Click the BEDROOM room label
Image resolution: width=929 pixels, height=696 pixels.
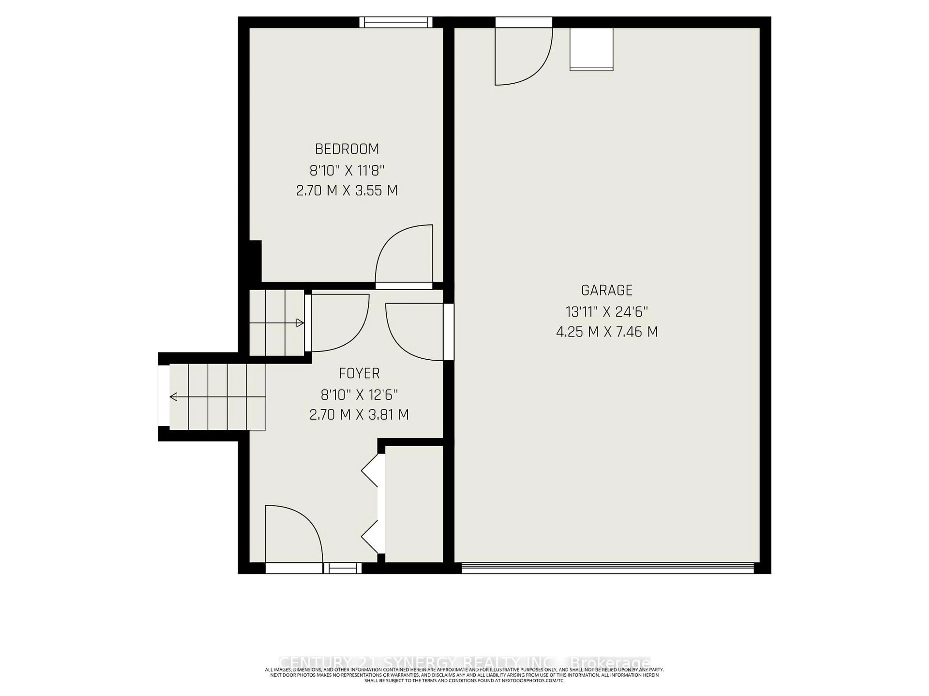pos(347,149)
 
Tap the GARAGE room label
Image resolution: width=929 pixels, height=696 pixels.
pos(607,290)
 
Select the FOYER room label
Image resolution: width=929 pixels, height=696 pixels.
pos(359,373)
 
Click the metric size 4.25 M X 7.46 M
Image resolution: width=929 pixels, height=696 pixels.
pos(607,332)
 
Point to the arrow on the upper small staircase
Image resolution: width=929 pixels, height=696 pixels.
pos(300,323)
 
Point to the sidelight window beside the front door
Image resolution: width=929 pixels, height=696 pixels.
pos(342,568)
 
